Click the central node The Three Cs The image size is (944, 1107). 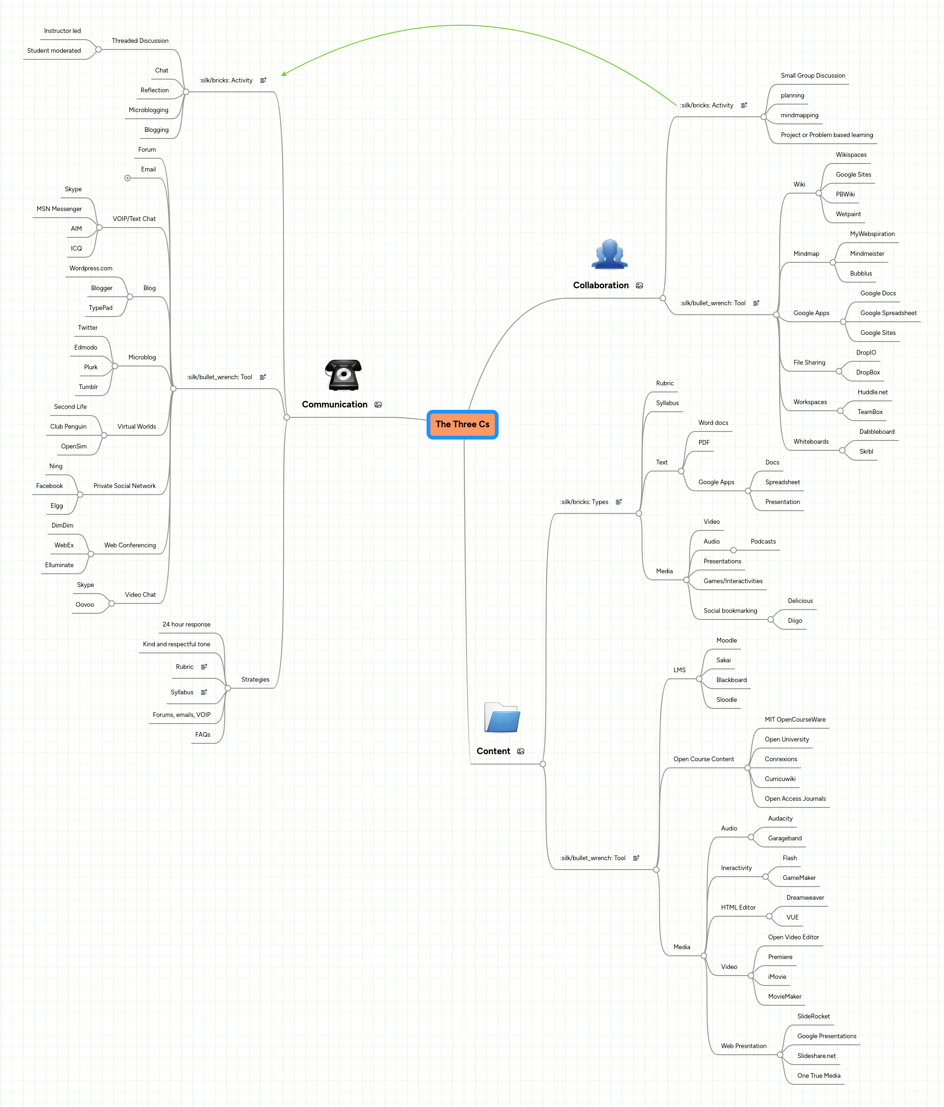tap(462, 424)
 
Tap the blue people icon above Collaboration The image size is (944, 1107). tap(609, 254)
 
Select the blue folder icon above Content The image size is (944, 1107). tap(501, 717)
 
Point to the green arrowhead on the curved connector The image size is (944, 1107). tap(284, 74)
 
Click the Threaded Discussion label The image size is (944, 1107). tap(140, 41)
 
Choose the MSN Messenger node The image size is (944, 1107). tap(59, 209)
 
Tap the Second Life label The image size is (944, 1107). tap(70, 407)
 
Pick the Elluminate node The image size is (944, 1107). tap(59, 565)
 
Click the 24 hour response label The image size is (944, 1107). tap(186, 624)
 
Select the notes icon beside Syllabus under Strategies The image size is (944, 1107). tap(203, 692)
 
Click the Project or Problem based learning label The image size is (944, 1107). tap(827, 135)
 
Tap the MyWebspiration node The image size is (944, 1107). tap(872, 234)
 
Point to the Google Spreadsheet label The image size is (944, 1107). tap(888, 313)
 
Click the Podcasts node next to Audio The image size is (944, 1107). tap(763, 541)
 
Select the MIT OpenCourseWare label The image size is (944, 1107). tap(794, 719)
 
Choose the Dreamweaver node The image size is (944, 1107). tap(805, 897)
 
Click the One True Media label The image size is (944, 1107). tap(818, 1075)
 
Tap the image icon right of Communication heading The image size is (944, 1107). tap(378, 405)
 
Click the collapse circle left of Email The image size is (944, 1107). tap(128, 178)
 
